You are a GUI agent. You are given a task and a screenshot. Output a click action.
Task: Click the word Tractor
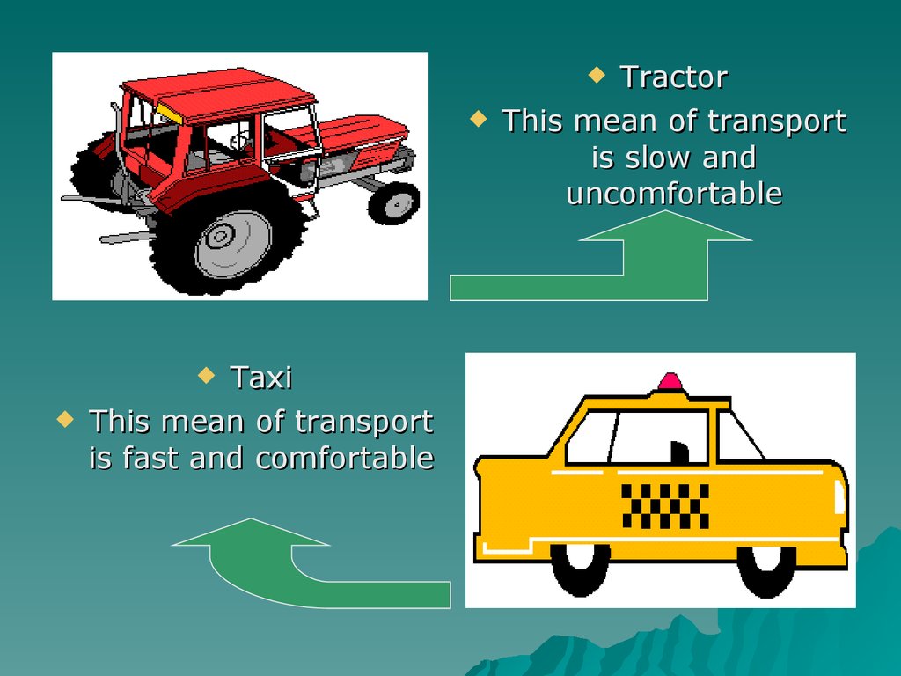click(x=674, y=77)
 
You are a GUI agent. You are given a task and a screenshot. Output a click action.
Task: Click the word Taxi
click(x=261, y=378)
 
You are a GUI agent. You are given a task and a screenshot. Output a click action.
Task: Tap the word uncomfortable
click(x=674, y=193)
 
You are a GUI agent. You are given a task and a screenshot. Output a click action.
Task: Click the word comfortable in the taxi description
click(x=345, y=458)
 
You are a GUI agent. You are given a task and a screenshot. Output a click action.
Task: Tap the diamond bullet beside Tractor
click(x=597, y=74)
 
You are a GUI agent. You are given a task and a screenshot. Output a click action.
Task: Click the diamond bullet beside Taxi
click(x=206, y=375)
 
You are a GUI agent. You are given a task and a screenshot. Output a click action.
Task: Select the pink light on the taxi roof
click(x=670, y=381)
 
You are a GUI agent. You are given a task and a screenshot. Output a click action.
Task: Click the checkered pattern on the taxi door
click(x=665, y=506)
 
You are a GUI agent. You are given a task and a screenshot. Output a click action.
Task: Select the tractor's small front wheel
click(x=394, y=203)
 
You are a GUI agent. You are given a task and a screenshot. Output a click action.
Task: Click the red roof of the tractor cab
click(x=219, y=92)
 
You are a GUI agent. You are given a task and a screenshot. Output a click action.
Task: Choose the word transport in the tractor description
click(x=777, y=121)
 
